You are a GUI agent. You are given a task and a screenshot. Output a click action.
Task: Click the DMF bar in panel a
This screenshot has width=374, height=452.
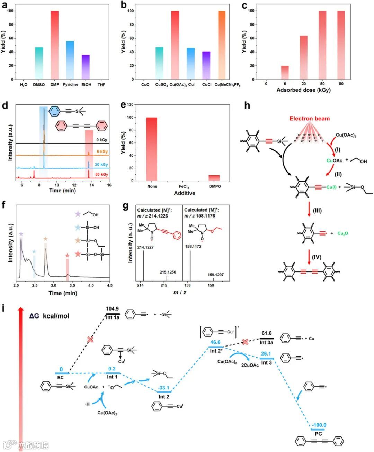55,45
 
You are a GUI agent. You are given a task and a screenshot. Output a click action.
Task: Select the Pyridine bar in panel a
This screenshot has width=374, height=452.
70,60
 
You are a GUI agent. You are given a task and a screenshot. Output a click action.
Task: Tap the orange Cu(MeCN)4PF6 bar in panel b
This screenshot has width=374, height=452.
222,45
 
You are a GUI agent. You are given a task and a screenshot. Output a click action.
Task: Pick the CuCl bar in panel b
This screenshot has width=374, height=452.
206,65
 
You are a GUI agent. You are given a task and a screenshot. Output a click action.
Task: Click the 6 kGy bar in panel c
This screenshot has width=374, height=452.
285,73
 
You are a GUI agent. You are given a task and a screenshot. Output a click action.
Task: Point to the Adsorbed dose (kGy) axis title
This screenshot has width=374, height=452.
303,90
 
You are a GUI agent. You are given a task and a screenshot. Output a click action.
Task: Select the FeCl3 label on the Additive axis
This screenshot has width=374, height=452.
184,187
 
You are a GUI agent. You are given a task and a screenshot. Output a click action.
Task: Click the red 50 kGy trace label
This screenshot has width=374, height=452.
101,174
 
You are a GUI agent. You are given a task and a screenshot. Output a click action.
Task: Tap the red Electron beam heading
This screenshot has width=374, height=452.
310,119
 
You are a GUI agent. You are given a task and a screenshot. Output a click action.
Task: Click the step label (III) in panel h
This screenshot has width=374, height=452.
317,211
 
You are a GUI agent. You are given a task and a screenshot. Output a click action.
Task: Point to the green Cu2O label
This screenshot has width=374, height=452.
342,233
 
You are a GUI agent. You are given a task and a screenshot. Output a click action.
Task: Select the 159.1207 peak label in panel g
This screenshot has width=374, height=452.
215,275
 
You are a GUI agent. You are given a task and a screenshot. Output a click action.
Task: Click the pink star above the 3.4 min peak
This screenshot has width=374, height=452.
67,256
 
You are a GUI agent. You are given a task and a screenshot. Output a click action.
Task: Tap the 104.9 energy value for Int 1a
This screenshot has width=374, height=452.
112,309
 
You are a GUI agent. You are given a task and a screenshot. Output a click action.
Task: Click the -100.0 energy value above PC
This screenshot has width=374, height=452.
319,425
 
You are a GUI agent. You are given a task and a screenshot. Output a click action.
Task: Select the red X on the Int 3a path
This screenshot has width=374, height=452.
245,342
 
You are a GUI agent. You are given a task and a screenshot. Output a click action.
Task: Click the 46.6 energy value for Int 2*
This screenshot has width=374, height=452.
215,342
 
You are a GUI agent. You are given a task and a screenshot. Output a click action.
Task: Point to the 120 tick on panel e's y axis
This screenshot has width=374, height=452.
130,105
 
